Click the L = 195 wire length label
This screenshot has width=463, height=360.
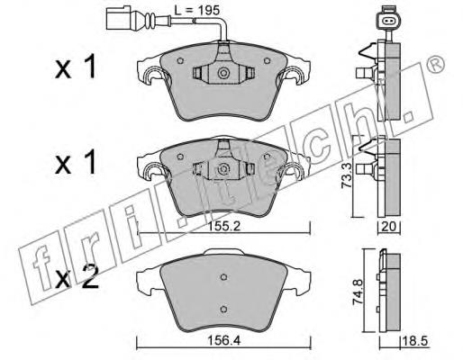tap(197, 11)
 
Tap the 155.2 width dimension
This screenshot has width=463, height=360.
tap(224, 227)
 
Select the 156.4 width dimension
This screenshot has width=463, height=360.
tap(224, 341)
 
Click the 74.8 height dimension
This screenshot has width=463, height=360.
tap(358, 292)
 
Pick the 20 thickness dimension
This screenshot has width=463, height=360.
tap(388, 227)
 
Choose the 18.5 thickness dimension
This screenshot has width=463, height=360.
tap(415, 341)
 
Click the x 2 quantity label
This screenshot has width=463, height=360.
tap(77, 277)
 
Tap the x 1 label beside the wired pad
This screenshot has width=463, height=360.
tap(76, 67)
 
